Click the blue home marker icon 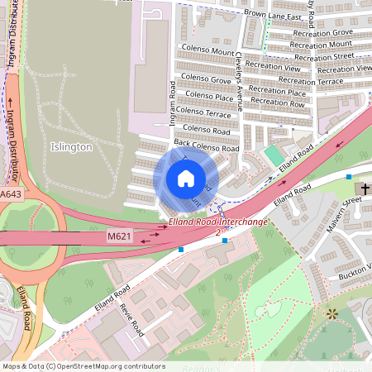coord(186,178)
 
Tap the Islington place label coord(71,146)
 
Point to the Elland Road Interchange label coord(218,222)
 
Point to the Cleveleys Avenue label coord(238,80)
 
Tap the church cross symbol coord(365,188)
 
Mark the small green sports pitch coord(273,155)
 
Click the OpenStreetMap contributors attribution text coord(83,366)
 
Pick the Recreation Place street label coord(277,92)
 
